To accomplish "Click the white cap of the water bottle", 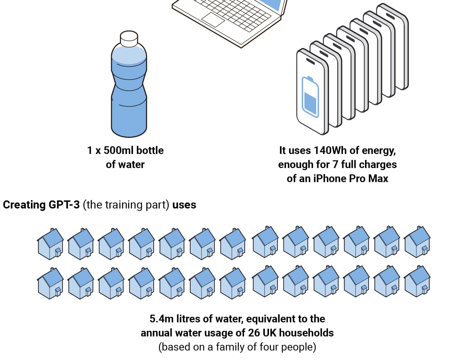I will tap(129, 39).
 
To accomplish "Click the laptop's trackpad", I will tap(213, 20).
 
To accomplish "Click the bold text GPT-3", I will tap(64, 205).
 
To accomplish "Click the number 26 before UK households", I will tap(254, 333).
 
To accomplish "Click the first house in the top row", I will tap(51, 244).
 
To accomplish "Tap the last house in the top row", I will tap(417, 242).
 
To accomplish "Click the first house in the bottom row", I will tap(51, 283).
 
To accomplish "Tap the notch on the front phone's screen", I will tap(311, 61).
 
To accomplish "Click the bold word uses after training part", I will tap(184, 205).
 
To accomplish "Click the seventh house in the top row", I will tap(232, 244).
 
